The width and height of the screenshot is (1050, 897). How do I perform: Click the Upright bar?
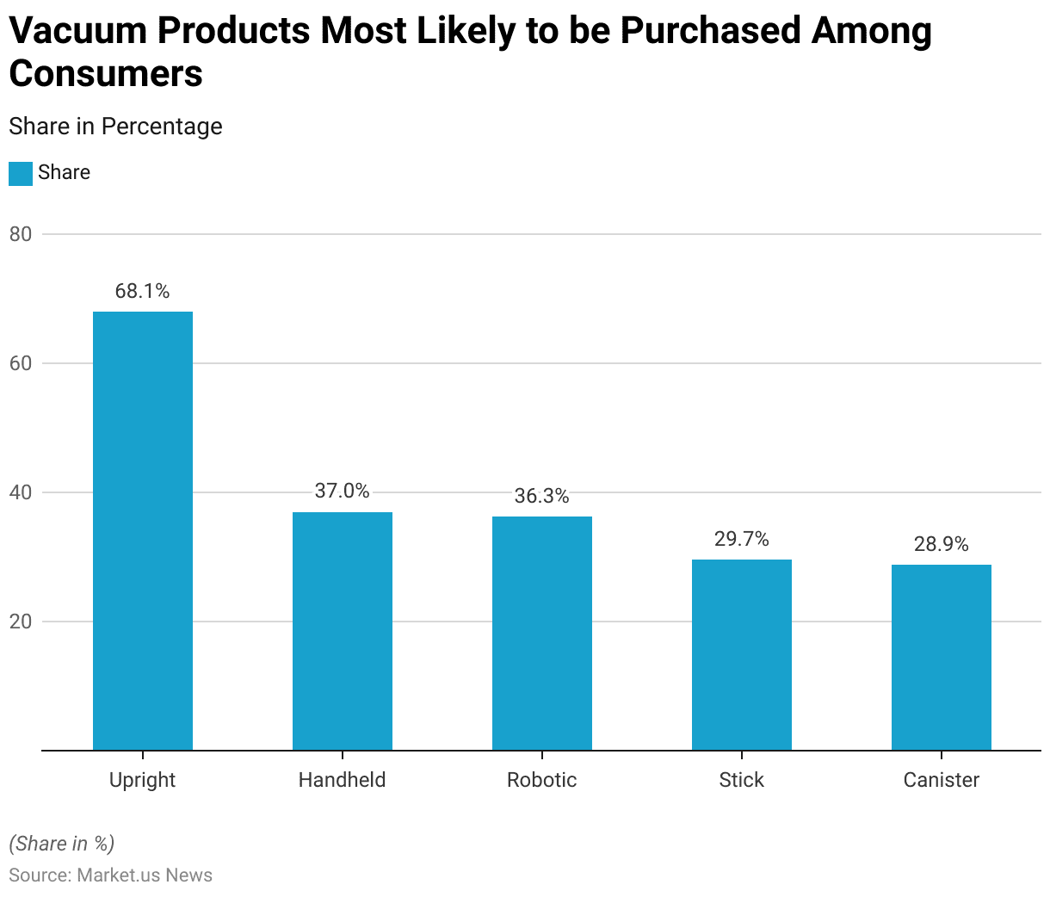point(143,530)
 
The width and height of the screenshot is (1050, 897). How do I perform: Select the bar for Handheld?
point(343,631)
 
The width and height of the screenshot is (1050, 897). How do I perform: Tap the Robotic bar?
point(542,633)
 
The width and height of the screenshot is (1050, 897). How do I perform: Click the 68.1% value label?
point(143,291)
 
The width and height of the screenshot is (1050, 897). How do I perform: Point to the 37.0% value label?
point(343,491)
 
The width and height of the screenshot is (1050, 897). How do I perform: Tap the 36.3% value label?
point(542,496)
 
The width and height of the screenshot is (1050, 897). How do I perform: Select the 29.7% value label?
point(742,539)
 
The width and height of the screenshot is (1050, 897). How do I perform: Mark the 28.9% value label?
point(942,544)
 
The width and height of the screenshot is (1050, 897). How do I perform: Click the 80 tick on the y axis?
point(21,234)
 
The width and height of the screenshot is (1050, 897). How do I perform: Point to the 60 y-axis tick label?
point(21,363)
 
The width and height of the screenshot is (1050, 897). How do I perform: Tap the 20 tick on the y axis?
point(21,622)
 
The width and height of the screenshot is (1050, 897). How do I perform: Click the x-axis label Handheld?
point(343,780)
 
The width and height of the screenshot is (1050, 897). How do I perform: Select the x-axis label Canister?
point(942,780)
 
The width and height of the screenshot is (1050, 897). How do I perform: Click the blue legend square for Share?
point(21,173)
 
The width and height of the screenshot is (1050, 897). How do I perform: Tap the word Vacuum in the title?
point(75,31)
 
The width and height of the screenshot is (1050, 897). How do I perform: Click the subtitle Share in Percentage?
point(115,127)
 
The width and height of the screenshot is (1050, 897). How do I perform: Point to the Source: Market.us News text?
point(110,875)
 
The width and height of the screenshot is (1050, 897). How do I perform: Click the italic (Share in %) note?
point(61,843)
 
